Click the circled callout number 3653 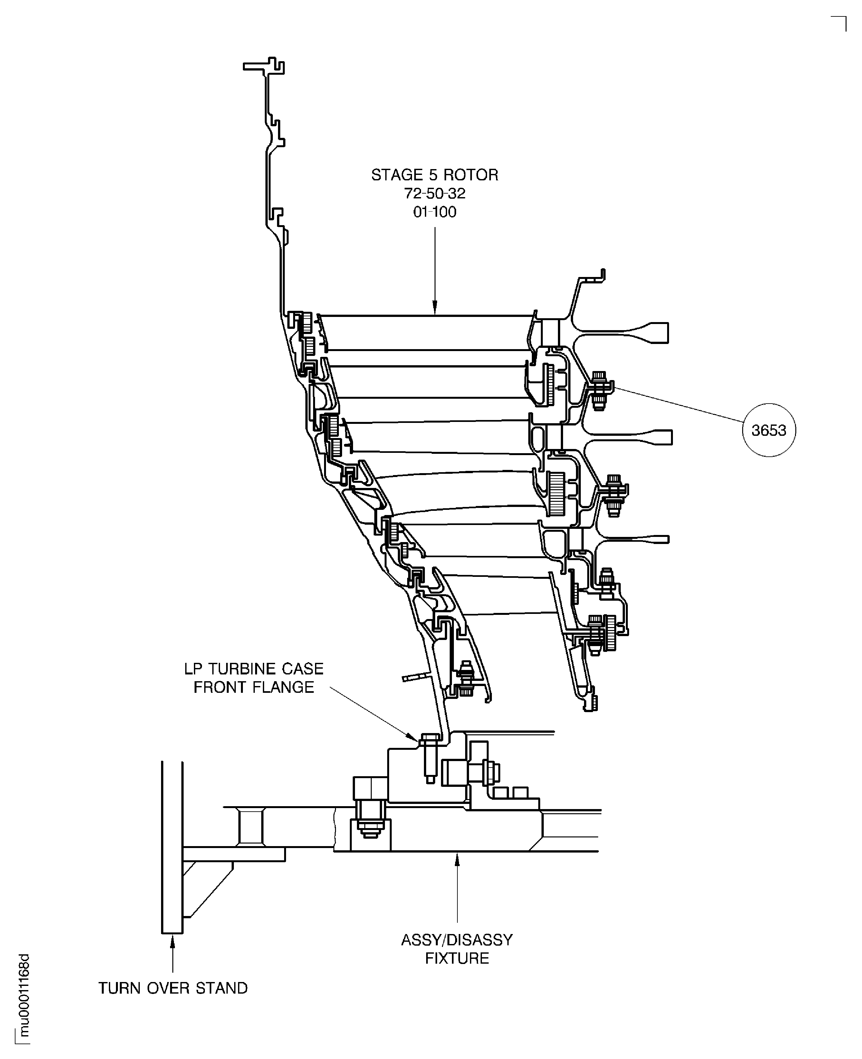[768, 430]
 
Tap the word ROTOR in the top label [471, 175]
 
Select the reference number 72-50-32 [435, 193]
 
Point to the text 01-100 [435, 212]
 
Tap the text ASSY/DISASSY [457, 940]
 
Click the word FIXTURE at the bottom [457, 958]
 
